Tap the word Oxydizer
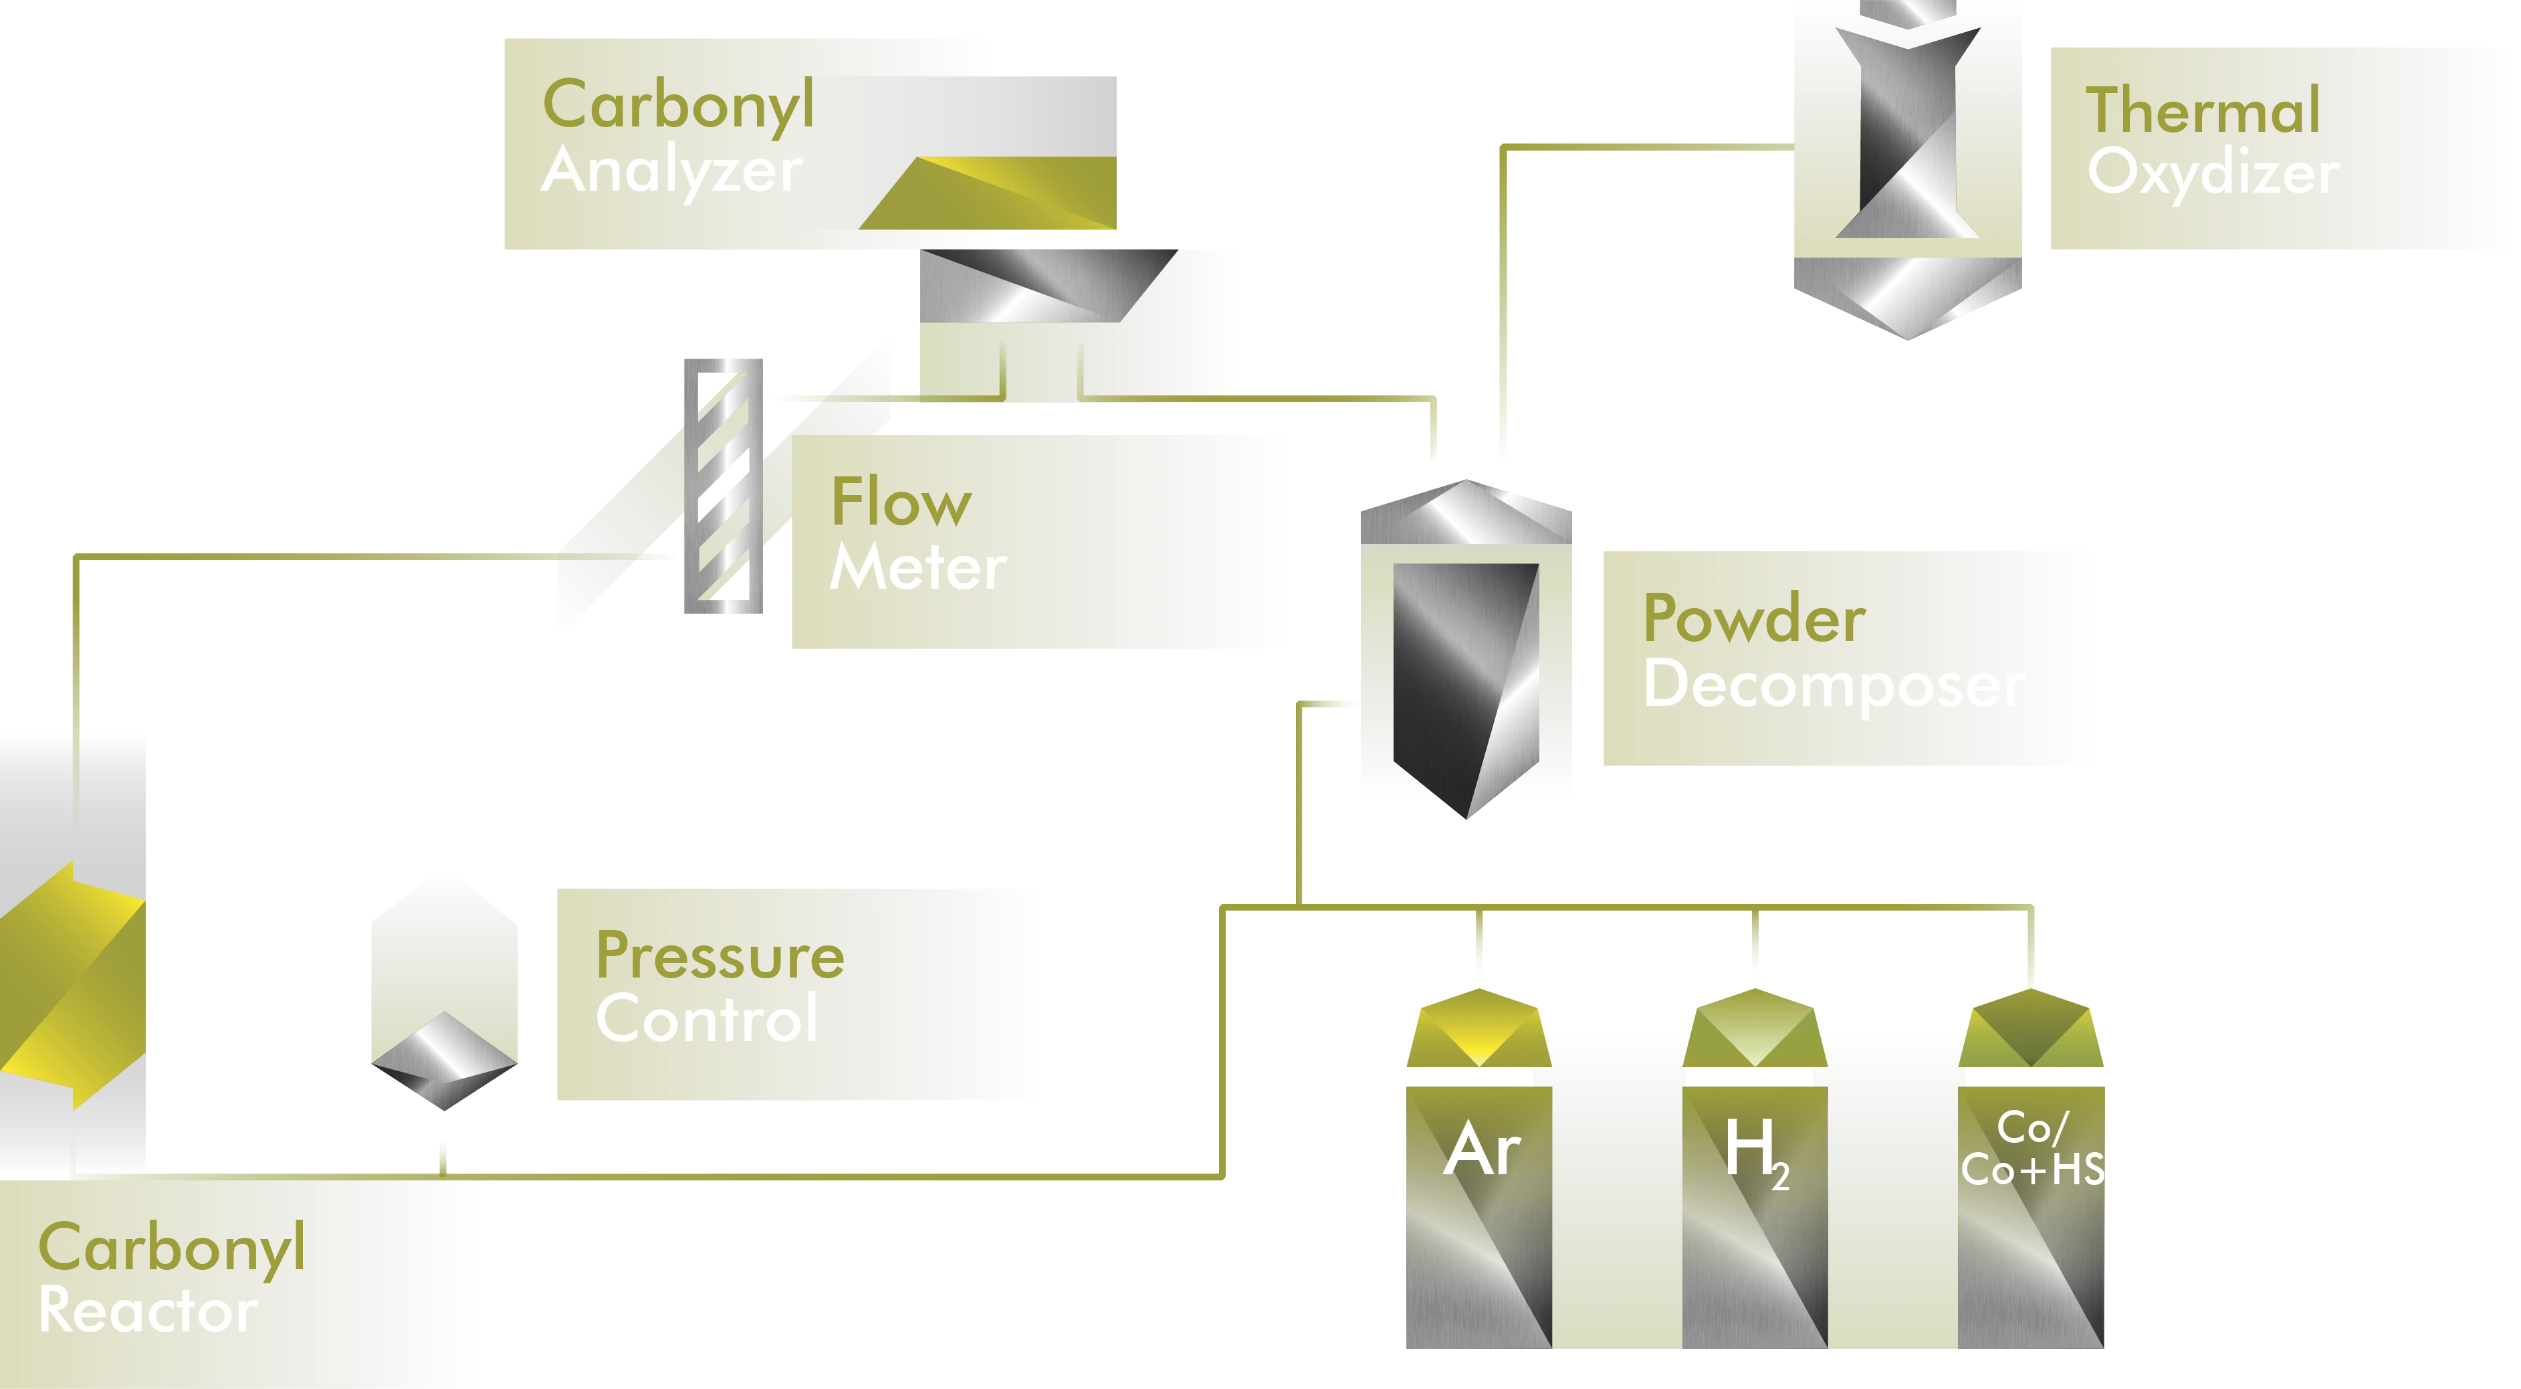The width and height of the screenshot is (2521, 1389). point(2213,173)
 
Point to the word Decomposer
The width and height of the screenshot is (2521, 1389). point(1834,685)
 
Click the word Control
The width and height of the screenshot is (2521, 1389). point(707,1019)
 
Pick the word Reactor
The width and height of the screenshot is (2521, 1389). point(148,1311)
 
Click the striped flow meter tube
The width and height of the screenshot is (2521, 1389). point(722,486)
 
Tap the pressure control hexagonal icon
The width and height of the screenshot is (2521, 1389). point(443,989)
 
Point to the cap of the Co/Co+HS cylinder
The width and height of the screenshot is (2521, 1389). point(2033,1032)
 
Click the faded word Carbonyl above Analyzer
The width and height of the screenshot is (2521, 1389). point(680,106)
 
